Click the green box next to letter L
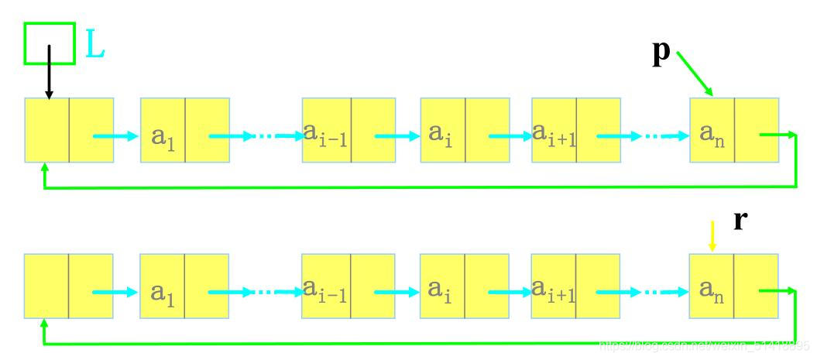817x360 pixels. tap(50, 43)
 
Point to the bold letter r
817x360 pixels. tap(740, 221)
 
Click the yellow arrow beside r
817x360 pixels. tap(712, 235)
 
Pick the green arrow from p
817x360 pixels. tap(695, 75)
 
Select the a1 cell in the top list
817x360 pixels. tap(163, 130)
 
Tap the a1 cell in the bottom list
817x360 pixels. tap(163, 286)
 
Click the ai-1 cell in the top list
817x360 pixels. tap(326, 130)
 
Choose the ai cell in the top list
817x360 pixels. tap(442, 130)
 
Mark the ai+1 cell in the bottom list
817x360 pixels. tap(554, 286)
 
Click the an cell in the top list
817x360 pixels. tap(712, 130)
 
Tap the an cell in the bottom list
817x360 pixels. tap(712, 286)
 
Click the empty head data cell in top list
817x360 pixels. tap(47, 130)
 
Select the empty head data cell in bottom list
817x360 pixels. tap(47, 286)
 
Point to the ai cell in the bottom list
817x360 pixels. tap(442, 286)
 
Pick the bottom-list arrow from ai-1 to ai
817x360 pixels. tap(396, 293)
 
